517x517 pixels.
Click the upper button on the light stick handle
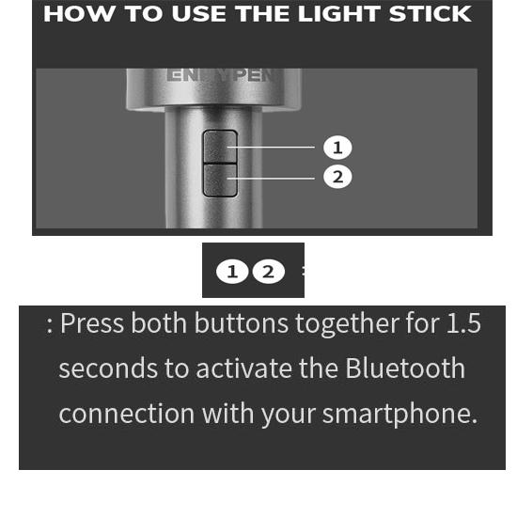pyautogui.click(x=220, y=147)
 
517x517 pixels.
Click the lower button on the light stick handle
pyautogui.click(x=220, y=180)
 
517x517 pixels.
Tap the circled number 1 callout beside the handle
pyautogui.click(x=337, y=148)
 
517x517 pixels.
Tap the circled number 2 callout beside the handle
pyautogui.click(x=337, y=177)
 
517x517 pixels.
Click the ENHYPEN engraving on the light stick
pyautogui.click(x=221, y=75)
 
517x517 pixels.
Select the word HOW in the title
pyautogui.click(x=80, y=14)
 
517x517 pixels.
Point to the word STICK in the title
pyautogui.click(x=431, y=14)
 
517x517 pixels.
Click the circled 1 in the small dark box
pyautogui.click(x=232, y=272)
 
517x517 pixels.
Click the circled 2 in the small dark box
pyautogui.click(x=269, y=272)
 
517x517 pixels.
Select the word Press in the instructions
pyautogui.click(x=92, y=323)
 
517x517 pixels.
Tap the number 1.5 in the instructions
pyautogui.click(x=463, y=323)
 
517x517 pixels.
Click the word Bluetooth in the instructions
pyautogui.click(x=405, y=368)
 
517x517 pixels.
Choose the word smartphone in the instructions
pyautogui.click(x=399, y=415)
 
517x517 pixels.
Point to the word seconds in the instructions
pyautogui.click(x=108, y=368)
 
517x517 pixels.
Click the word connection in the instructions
pyautogui.click(x=127, y=414)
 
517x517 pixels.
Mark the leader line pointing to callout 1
pyautogui.click(x=271, y=147)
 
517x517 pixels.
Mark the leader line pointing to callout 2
pyautogui.click(x=271, y=179)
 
